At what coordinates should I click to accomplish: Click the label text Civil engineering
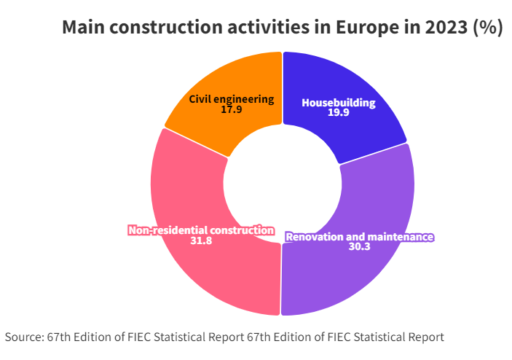232,99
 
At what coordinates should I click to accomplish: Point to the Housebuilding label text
339,103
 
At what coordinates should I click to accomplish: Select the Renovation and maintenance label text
359,237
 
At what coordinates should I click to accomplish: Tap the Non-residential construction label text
201,230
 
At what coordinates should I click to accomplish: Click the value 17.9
232,110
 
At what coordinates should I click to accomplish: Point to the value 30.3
359,247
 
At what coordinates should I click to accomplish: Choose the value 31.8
201,240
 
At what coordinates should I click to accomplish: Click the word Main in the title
81,28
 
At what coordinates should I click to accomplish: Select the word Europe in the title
371,28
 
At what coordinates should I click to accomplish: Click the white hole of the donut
282,184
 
